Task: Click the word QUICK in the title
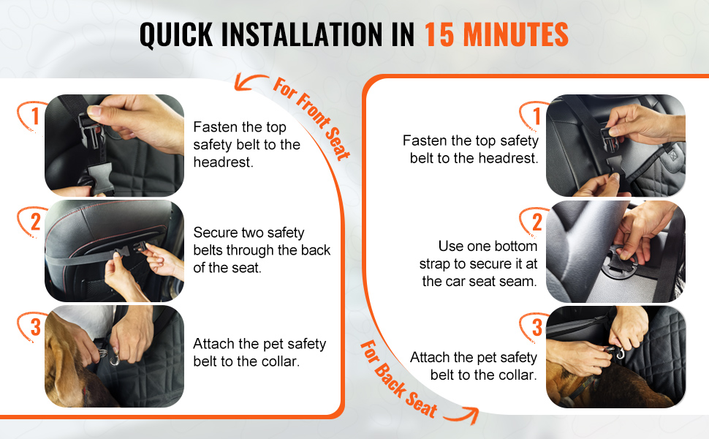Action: [176, 35]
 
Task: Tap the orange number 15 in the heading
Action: [439, 35]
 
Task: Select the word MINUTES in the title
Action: [516, 35]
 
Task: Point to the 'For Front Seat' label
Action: [311, 119]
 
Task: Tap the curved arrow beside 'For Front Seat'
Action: [249, 81]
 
